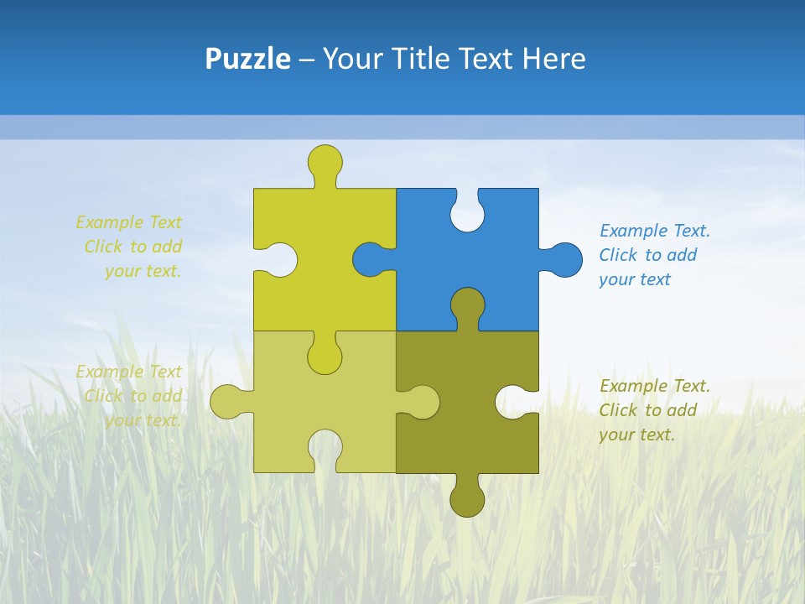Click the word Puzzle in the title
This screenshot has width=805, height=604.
[247, 59]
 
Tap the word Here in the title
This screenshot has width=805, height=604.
[553, 59]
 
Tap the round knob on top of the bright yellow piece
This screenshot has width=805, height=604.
[325, 161]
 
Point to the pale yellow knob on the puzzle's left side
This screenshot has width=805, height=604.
[227, 402]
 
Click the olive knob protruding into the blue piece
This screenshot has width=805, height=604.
[467, 305]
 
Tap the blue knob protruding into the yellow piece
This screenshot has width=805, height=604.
[370, 259]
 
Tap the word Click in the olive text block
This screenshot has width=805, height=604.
[617, 410]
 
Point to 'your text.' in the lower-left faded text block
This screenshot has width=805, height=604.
[143, 420]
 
